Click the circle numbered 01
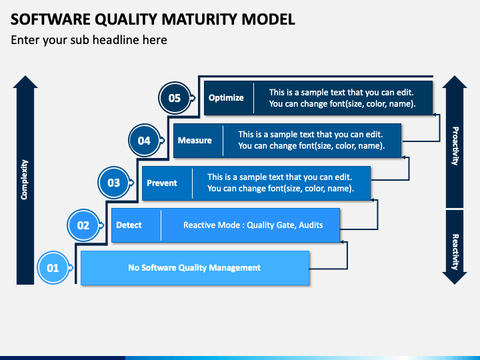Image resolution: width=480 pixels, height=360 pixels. pyautogui.click(x=53, y=268)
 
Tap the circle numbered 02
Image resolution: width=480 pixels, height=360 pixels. pyautogui.click(x=83, y=225)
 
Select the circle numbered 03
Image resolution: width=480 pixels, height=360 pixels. pyautogui.click(x=114, y=183)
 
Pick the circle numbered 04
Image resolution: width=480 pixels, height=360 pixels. pyautogui.click(x=144, y=141)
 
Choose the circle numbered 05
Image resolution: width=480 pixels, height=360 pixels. pyautogui.click(x=175, y=98)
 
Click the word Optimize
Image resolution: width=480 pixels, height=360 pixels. pyautogui.click(x=226, y=98)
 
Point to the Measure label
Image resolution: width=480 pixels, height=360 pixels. pyautogui.click(x=195, y=140)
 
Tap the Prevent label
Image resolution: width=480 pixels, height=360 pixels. pyautogui.click(x=162, y=183)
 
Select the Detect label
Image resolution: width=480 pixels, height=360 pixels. pyautogui.click(x=129, y=225)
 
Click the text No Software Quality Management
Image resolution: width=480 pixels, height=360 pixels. pyautogui.click(x=195, y=268)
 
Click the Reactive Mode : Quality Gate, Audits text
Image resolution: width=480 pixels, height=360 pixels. pyautogui.click(x=253, y=225)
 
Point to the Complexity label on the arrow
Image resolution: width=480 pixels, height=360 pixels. pyautogui.click(x=24, y=180)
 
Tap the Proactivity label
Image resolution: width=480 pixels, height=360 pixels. pyautogui.click(x=455, y=146)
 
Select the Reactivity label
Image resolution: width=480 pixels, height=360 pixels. pyautogui.click(x=455, y=252)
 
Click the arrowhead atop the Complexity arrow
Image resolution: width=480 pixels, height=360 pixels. pyautogui.click(x=25, y=82)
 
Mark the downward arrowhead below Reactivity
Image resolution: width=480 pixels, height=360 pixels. pyautogui.click(x=455, y=278)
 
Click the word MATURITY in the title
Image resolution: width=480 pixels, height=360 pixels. pyautogui.click(x=199, y=19)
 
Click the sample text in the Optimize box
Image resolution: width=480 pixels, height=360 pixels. pyautogui.click(x=342, y=98)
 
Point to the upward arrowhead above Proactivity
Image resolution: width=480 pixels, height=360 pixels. pyautogui.click(x=455, y=82)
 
